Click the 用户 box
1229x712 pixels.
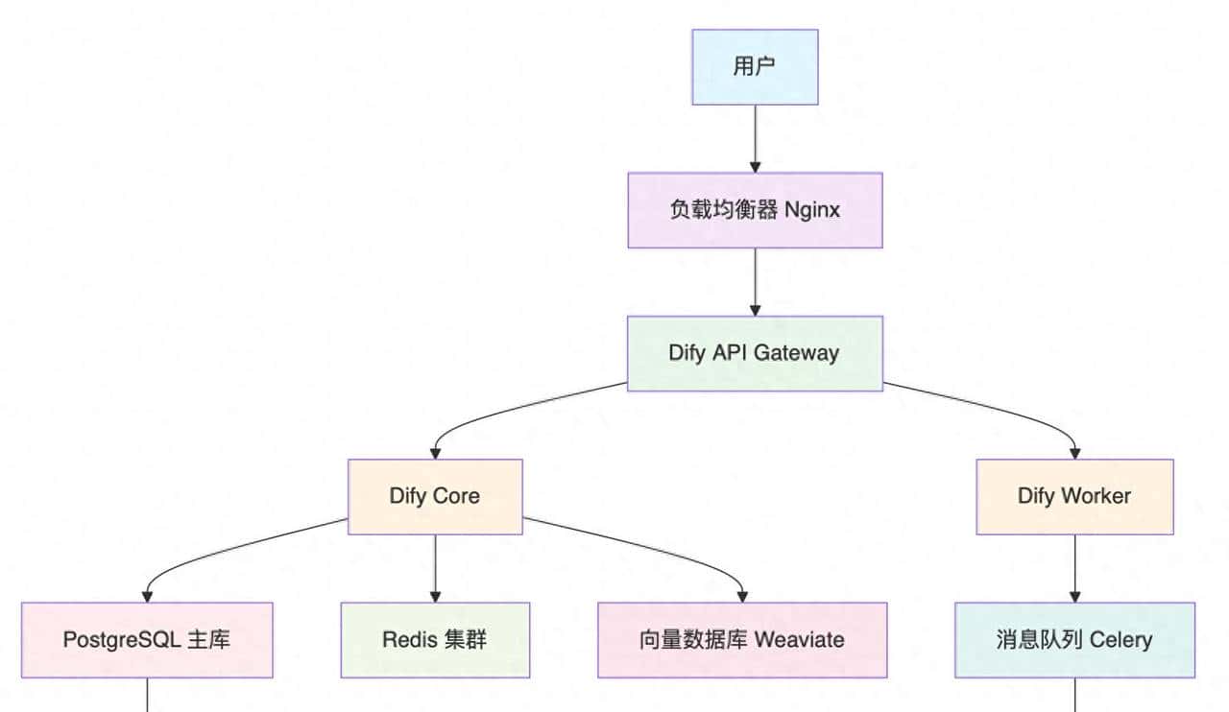[x=755, y=66]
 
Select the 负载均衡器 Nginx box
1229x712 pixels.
[x=755, y=210]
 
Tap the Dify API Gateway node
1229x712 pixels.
[x=755, y=353]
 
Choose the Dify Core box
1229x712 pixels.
[x=435, y=496]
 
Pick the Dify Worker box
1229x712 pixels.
[x=1074, y=496]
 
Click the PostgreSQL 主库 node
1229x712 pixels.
[x=147, y=639]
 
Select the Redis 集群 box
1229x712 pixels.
[x=435, y=639]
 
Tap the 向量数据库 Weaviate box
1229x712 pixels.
[x=742, y=639]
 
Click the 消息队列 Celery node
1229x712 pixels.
[x=1074, y=639]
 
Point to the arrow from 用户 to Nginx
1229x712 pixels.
[x=755, y=138]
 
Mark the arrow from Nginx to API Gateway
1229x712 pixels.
[x=755, y=281]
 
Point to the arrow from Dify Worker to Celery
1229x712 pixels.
[x=1074, y=568]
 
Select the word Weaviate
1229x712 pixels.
[x=800, y=639]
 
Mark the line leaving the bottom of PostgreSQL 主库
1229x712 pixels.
[x=147, y=695]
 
